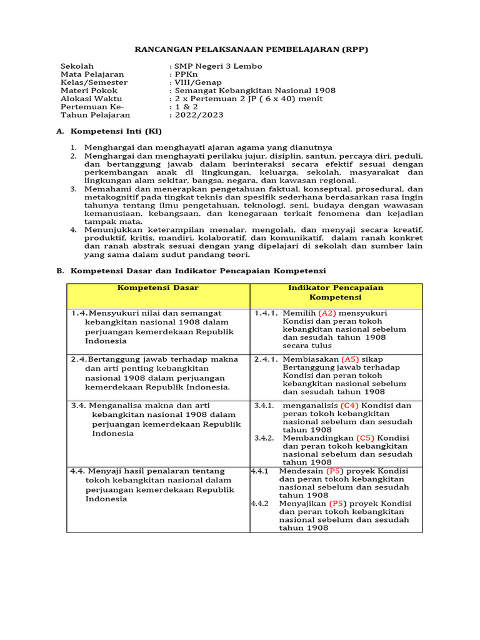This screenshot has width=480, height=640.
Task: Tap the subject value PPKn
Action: click(187, 74)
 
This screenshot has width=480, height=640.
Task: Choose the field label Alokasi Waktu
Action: click(91, 99)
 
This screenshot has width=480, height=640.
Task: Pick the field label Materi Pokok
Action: click(89, 91)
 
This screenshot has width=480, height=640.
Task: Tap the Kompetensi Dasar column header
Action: click(158, 288)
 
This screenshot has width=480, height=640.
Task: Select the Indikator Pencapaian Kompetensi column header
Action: click(336, 292)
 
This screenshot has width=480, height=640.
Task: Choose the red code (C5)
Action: click(366, 438)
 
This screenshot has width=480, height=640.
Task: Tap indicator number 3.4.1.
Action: click(264, 406)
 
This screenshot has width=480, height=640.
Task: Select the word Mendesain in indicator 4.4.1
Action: click(301, 471)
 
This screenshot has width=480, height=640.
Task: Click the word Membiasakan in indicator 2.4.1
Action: click(311, 360)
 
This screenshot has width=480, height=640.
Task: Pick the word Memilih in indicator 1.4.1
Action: click(299, 313)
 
